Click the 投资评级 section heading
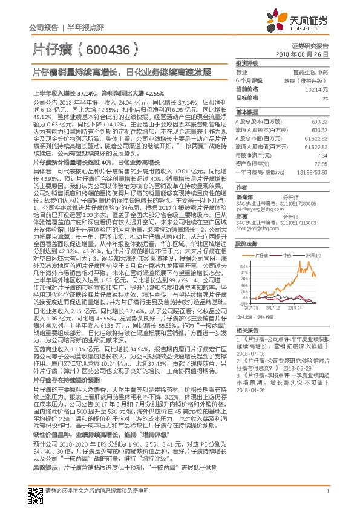[x=246, y=63]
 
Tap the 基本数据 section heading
[x=246, y=113]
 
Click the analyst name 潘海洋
[x=245, y=197]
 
